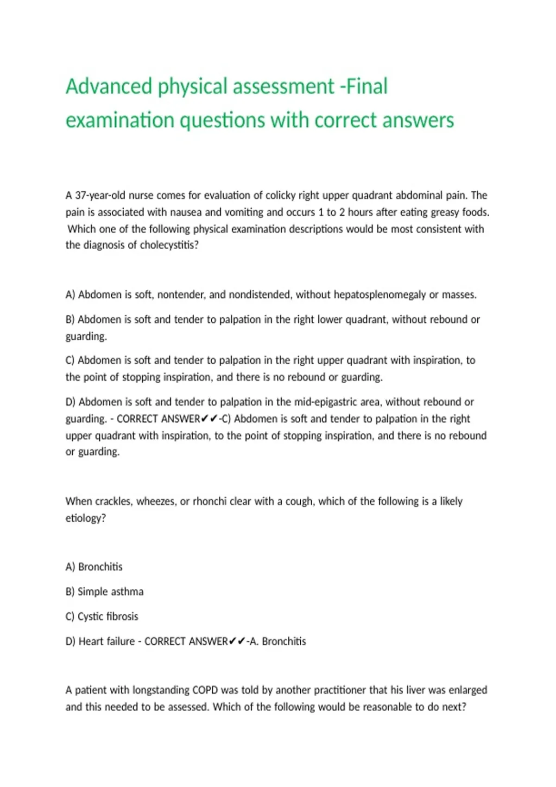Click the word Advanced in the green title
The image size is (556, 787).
(109, 86)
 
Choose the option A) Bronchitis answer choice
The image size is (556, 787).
(94, 567)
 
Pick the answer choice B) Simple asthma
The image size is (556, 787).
(105, 592)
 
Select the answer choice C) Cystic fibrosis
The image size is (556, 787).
(102, 617)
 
